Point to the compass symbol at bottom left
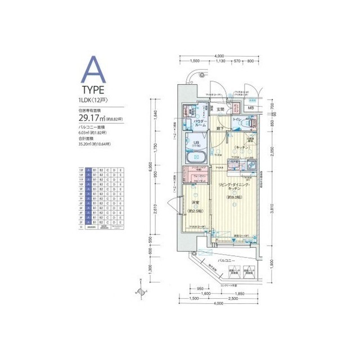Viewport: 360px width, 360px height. point(139,291)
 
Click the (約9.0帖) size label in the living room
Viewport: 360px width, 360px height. point(235,197)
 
